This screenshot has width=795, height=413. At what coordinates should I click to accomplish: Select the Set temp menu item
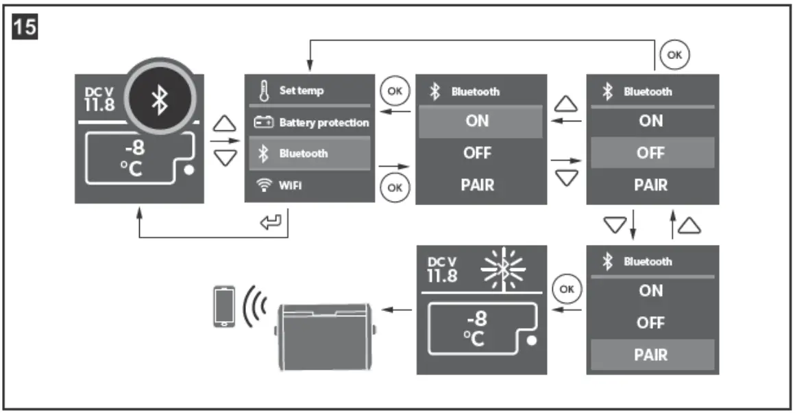click(x=302, y=91)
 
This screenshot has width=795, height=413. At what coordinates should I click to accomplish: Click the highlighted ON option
click(x=477, y=121)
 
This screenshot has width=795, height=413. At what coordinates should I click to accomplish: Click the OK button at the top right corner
click(x=674, y=56)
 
